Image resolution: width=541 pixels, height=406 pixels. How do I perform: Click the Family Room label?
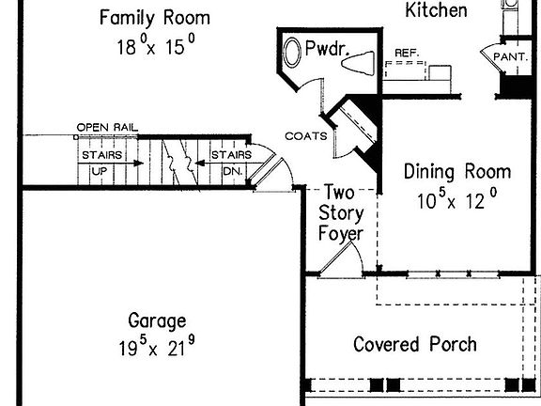[x=155, y=18]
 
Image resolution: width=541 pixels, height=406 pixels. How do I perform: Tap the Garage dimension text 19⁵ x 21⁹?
[x=157, y=346]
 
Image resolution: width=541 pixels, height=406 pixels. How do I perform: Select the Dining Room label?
[x=457, y=172]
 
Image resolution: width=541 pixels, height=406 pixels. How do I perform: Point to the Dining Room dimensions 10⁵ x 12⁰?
[x=457, y=199]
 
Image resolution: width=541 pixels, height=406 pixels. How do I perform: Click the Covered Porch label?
[x=415, y=344]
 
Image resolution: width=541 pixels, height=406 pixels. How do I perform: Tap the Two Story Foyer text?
[x=341, y=213]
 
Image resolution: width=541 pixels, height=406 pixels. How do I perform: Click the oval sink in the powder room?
[x=292, y=52]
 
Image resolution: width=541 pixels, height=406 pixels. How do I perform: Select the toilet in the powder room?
[x=358, y=63]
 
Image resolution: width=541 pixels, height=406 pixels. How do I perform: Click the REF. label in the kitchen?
[x=407, y=54]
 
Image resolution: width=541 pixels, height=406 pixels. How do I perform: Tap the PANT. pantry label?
[x=511, y=56]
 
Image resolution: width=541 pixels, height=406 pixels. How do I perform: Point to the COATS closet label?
[x=306, y=136]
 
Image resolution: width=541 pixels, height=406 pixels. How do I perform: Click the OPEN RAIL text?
[x=107, y=128]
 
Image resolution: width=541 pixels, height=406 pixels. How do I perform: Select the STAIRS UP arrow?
[x=111, y=163]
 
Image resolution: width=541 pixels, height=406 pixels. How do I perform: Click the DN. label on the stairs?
[x=233, y=171]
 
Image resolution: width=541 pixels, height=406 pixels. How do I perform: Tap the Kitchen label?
[x=436, y=9]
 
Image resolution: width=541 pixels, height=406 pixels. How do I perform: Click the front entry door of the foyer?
[x=334, y=259]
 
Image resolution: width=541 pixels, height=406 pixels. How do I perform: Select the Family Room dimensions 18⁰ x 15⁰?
[x=156, y=45]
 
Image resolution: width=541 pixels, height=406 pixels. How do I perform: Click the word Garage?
[x=157, y=321]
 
